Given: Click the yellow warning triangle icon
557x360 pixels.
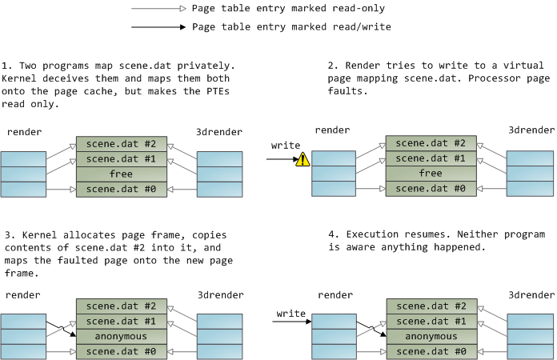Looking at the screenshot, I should (x=303, y=160).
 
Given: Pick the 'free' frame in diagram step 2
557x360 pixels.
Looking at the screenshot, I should (x=431, y=174).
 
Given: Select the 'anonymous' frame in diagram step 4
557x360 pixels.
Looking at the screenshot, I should (x=431, y=337).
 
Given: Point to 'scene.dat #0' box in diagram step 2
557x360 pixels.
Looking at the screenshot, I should (x=431, y=188).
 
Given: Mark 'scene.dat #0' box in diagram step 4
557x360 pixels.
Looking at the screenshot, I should (x=431, y=351).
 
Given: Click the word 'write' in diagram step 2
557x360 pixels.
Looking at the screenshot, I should (x=286, y=146).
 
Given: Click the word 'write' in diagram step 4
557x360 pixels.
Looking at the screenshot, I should (x=291, y=313).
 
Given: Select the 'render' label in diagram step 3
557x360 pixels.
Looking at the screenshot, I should (x=24, y=295).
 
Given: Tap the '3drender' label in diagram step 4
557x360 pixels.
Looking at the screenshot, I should (x=531, y=295).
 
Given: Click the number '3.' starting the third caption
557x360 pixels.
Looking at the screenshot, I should (x=7, y=235).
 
